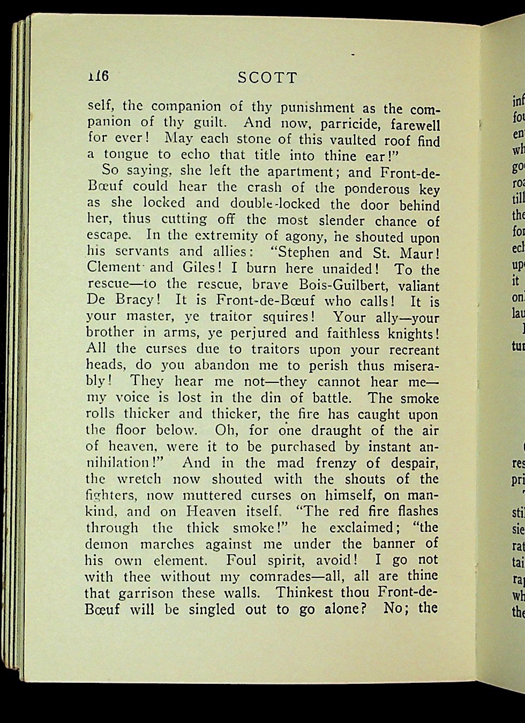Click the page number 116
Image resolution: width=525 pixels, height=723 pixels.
coord(99,76)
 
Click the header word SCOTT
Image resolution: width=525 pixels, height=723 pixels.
coord(267,78)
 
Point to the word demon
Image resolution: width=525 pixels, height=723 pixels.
coord(107,544)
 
